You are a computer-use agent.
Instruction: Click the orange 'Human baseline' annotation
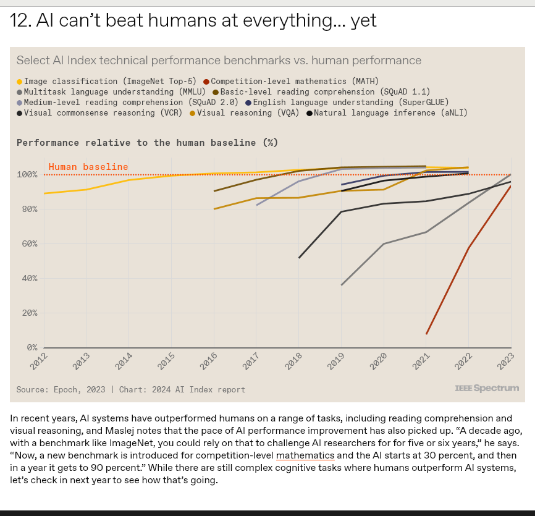(88, 167)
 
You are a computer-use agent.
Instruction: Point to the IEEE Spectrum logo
(487, 388)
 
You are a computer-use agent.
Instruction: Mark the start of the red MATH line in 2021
(426, 334)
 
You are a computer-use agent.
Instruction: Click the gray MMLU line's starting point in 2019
(342, 285)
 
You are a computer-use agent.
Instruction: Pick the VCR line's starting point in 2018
(299, 257)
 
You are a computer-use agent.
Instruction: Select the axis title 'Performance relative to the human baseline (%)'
(147, 143)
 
